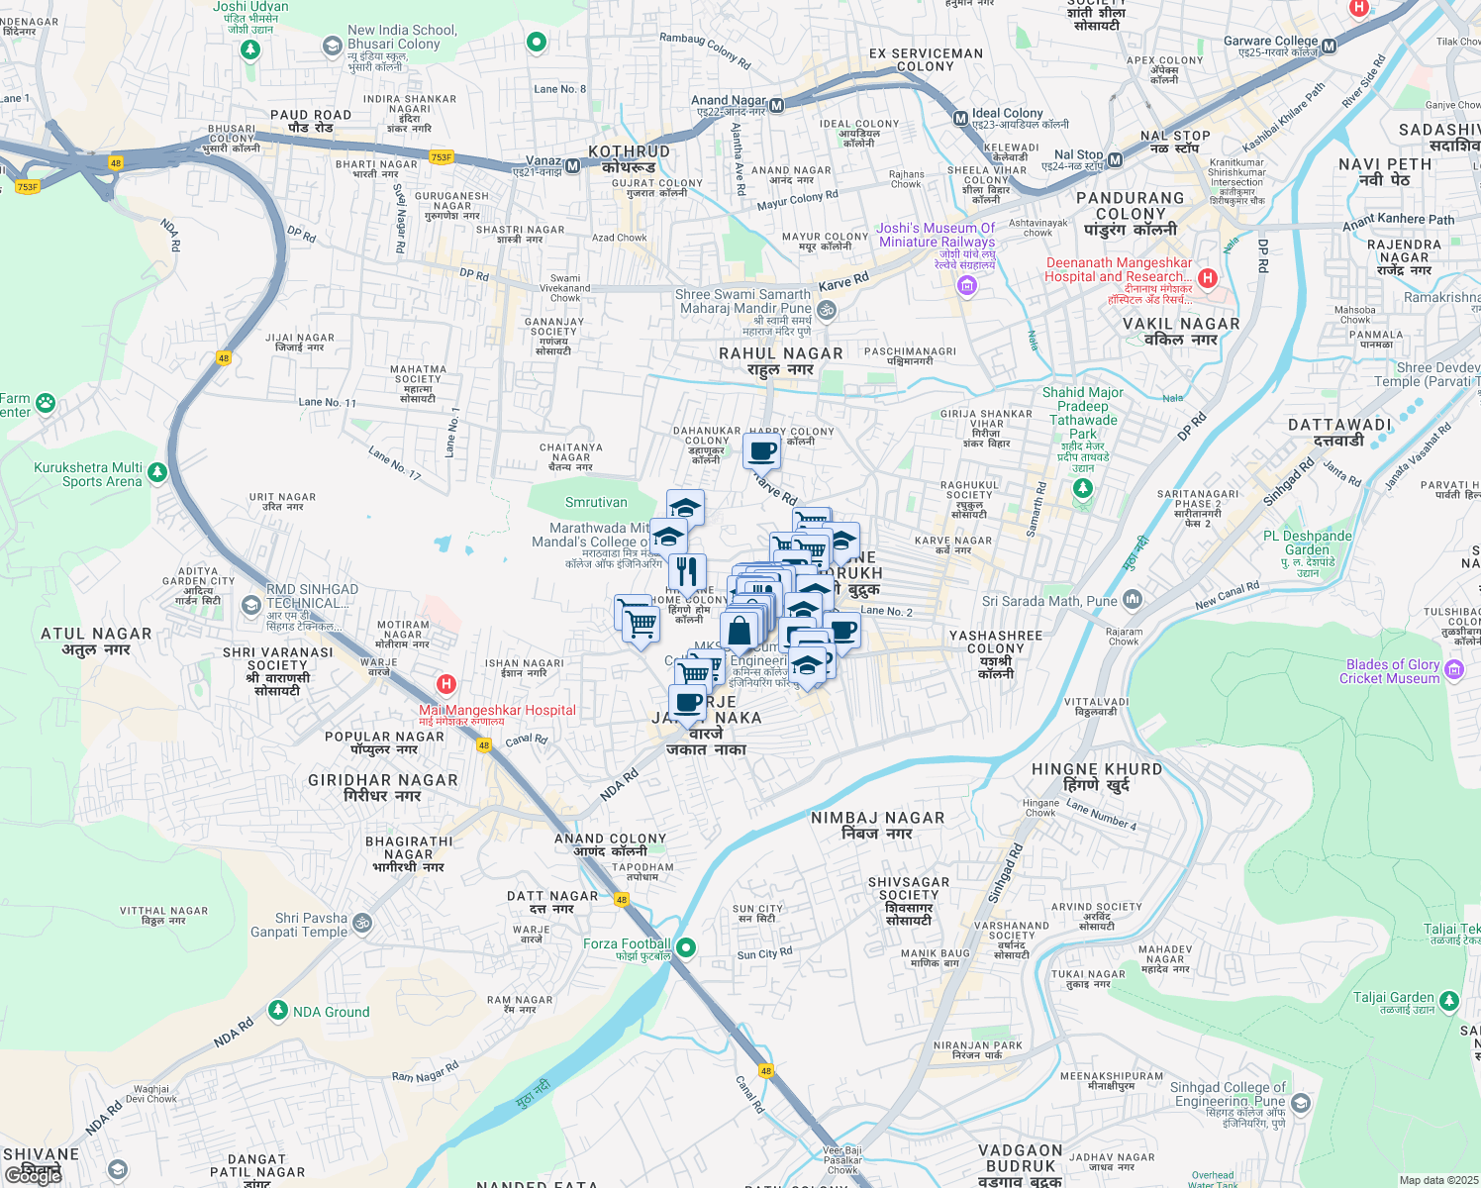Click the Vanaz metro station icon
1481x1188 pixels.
tap(571, 160)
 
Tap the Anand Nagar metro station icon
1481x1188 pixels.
tap(777, 105)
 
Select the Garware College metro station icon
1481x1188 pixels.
tap(1330, 46)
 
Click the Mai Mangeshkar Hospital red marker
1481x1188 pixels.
tap(446, 684)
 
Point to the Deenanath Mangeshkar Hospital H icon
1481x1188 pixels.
tap(1207, 277)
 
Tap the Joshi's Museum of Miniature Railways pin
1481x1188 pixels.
tap(966, 287)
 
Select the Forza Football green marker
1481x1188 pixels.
tap(685, 947)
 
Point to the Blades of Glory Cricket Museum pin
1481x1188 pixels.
tap(1454, 670)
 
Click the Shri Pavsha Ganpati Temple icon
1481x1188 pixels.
tap(362, 923)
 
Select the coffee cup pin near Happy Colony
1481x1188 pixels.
tap(762, 451)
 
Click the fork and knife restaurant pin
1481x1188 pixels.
tap(686, 572)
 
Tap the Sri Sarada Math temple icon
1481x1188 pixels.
tap(1133, 599)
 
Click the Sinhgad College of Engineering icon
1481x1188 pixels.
tap(1301, 1102)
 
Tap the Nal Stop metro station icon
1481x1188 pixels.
tap(1115, 159)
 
